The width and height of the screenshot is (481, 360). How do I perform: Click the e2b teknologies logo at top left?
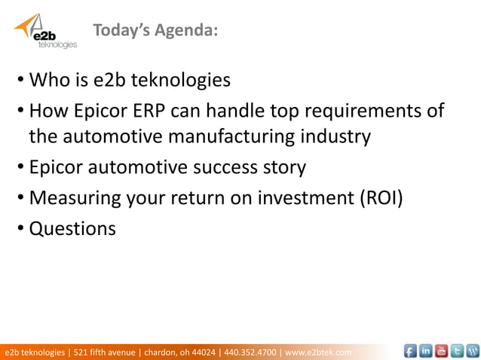click(x=44, y=31)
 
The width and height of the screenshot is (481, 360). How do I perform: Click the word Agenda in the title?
click(x=188, y=30)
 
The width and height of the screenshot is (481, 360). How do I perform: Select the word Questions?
click(x=72, y=227)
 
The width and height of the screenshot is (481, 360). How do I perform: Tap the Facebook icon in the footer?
click(x=409, y=350)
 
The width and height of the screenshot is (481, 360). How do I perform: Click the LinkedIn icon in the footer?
click(x=425, y=350)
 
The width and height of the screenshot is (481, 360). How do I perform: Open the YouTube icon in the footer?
click(x=441, y=350)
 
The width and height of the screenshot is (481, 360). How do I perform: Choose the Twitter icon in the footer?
click(x=457, y=350)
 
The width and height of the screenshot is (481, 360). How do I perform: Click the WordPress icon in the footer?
click(x=473, y=350)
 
